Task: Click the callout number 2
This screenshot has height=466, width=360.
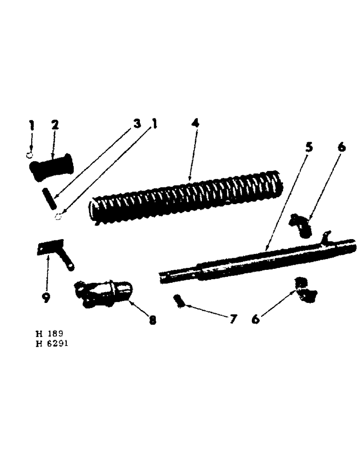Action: (x=55, y=125)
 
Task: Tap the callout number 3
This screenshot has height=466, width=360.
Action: (x=137, y=124)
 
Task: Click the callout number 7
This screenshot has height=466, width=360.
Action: (x=232, y=319)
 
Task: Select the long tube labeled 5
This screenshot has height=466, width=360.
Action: (x=256, y=261)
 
